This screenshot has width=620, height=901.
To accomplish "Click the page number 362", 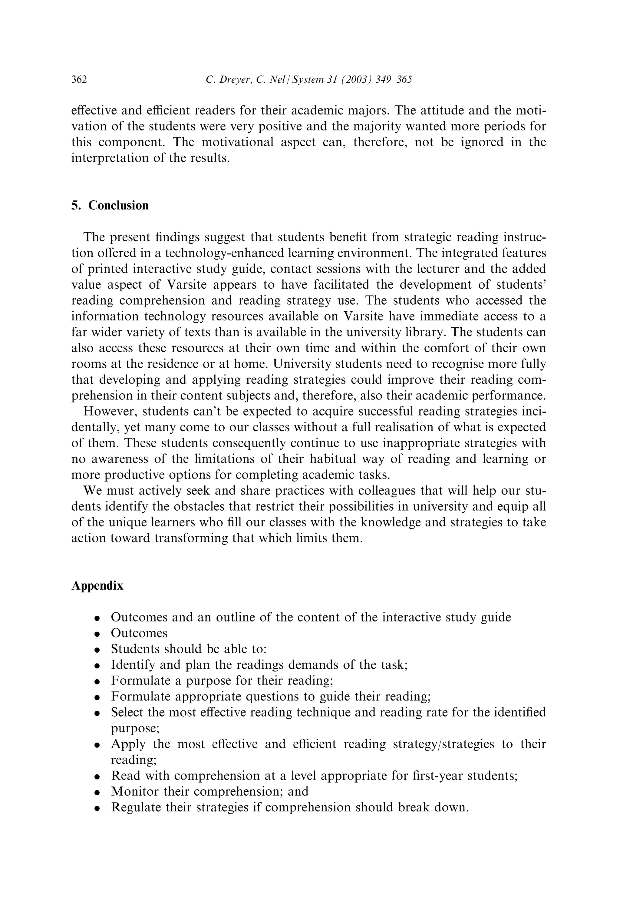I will pos(79,80).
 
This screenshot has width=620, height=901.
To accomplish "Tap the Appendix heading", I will pos(97,585).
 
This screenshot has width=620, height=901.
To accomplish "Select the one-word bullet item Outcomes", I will pos(139,633).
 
